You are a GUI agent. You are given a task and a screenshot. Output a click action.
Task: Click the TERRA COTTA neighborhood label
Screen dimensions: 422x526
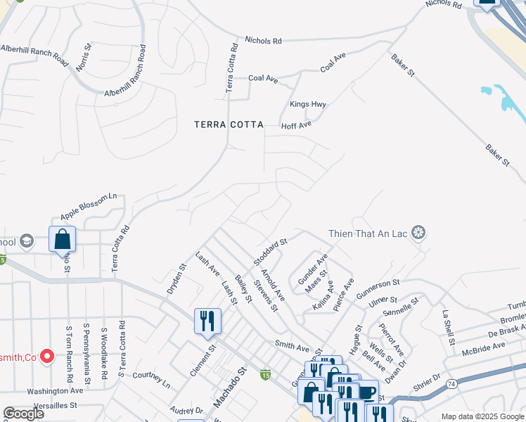tap(229, 124)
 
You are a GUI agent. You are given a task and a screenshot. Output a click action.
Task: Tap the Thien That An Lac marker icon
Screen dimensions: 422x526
tap(419, 233)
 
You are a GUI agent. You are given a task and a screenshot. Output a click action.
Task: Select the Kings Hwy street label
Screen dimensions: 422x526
tap(308, 105)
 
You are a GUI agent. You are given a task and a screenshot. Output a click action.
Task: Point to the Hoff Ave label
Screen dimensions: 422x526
tap(296, 125)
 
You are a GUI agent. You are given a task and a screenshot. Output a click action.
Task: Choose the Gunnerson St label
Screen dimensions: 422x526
tap(378, 288)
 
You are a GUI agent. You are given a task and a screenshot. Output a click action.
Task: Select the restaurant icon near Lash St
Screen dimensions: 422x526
tap(207, 321)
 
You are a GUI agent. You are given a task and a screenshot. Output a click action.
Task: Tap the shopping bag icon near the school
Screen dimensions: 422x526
tap(62, 238)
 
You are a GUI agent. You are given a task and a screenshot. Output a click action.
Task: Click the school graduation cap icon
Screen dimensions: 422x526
tap(27, 241)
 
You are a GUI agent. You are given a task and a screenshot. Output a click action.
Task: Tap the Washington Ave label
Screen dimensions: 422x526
tap(55, 390)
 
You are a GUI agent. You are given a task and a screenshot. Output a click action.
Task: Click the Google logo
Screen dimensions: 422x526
tap(23, 414)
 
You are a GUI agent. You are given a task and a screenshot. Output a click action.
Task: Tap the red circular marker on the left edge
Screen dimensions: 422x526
tap(47, 357)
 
